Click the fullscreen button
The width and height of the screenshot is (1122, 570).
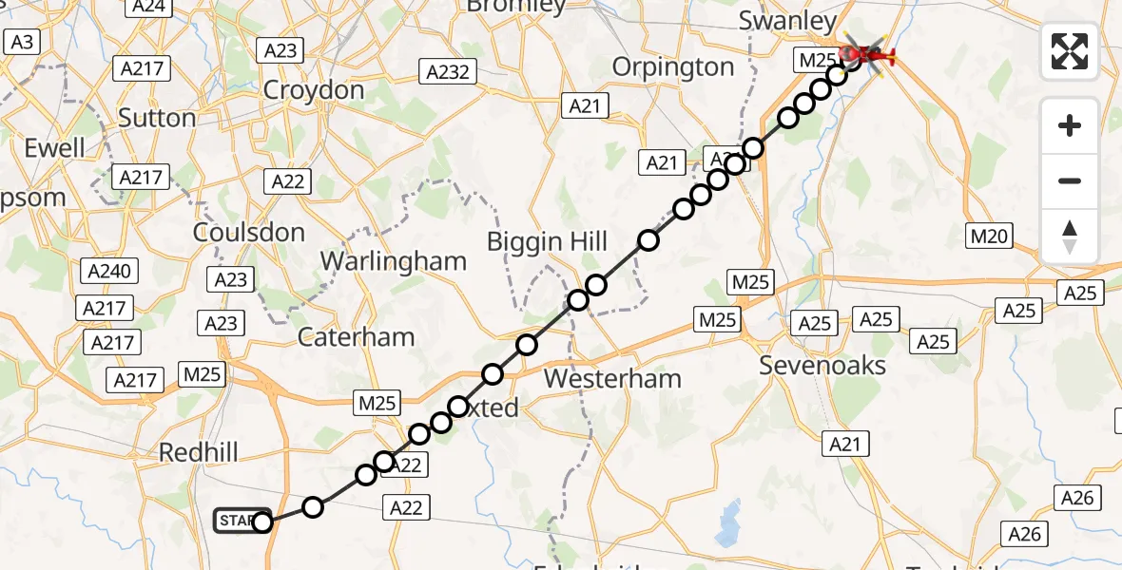click(x=1070, y=51)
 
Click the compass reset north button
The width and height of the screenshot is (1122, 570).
click(x=1070, y=237)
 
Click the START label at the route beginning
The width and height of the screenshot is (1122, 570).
click(x=238, y=521)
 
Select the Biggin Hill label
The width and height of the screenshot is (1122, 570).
click(x=547, y=241)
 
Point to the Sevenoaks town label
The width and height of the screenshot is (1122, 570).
click(x=822, y=366)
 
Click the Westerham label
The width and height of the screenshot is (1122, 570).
click(x=612, y=379)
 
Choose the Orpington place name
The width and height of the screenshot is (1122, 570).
click(x=673, y=67)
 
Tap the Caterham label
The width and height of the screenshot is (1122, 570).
click(x=356, y=336)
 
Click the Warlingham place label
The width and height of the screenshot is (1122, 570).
click(x=394, y=261)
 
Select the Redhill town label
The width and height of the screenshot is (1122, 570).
click(x=199, y=452)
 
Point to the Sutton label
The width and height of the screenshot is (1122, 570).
click(x=157, y=118)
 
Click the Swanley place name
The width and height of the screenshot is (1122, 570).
click(x=787, y=21)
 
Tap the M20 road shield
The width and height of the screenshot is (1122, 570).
click(x=989, y=236)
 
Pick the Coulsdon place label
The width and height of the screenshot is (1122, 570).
click(x=248, y=233)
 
